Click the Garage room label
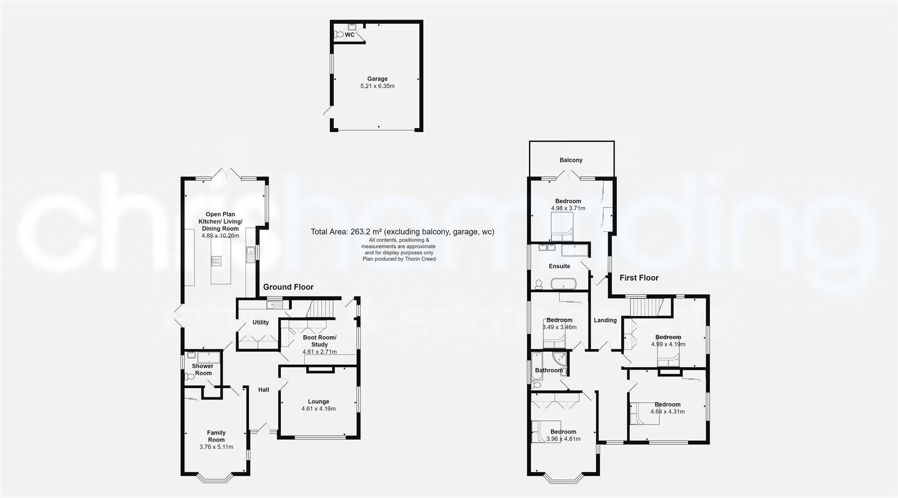pyautogui.click(x=377, y=79)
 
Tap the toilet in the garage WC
pyautogui.click(x=338, y=35)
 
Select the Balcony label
pyautogui.click(x=571, y=160)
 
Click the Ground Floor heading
pyautogui.click(x=288, y=287)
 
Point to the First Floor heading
pyautogui.click(x=638, y=278)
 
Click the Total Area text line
pyautogui.click(x=402, y=232)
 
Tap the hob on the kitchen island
pyautogui.click(x=216, y=261)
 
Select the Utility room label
pyautogui.click(x=261, y=322)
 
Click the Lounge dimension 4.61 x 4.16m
pyautogui.click(x=319, y=409)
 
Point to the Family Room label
pyautogui.click(x=216, y=436)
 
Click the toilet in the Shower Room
pyautogui.click(x=189, y=376)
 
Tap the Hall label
pyautogui.click(x=264, y=390)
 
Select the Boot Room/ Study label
pyautogui.click(x=319, y=341)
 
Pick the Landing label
pyautogui.click(x=605, y=320)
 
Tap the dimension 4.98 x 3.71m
pyautogui.click(x=568, y=208)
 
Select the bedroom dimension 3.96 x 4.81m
pyautogui.click(x=563, y=439)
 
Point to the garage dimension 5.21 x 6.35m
pyautogui.click(x=377, y=86)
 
